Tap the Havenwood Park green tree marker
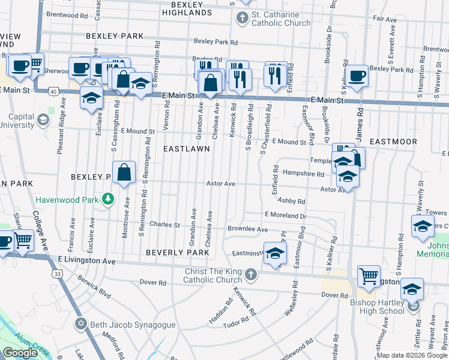coord(108,198)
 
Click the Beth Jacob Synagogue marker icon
coord(81,325)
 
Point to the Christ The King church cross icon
coord(251,275)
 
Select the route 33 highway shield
coord(57,274)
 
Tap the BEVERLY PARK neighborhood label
coord(178,253)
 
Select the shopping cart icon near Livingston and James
coord(369,277)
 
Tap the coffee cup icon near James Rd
coord(357,76)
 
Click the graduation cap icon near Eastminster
coord(275,254)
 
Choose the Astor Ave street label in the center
coord(221,184)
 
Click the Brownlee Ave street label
coord(247,229)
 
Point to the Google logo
coord(20,353)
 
